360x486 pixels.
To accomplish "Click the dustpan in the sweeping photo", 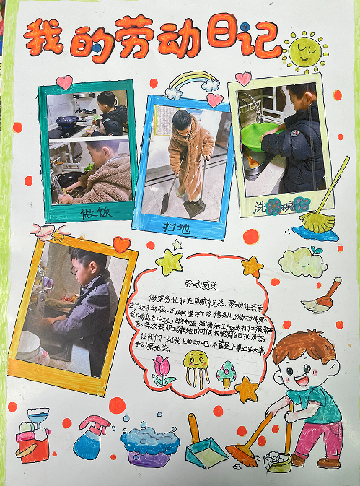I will pos(193,207).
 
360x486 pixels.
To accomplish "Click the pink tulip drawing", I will pos(162,369).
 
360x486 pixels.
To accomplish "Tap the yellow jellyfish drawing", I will pos(196,368).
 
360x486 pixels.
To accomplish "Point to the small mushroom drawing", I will pos(227,373).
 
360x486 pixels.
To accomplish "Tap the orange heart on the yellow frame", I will pos(121,245).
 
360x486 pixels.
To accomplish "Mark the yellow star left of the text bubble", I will pos(169,263).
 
